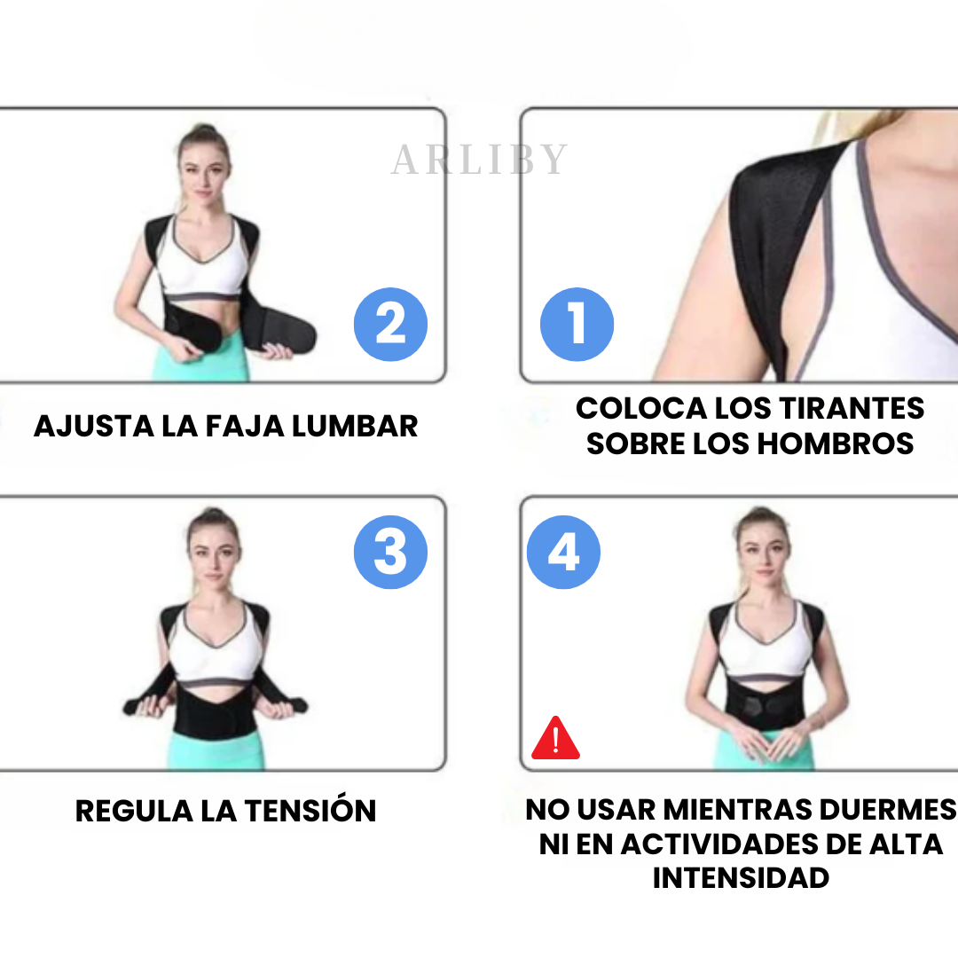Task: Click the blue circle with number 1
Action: pos(577,325)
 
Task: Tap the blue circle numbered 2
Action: pos(390,325)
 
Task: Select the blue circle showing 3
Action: pos(390,553)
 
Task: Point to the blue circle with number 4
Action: pos(563,553)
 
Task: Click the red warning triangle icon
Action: pos(555,739)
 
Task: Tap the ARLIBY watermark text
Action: pos(480,160)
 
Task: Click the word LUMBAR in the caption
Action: pos(355,427)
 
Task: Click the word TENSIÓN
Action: pos(310,810)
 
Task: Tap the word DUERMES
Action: pos(888,810)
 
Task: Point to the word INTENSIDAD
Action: pos(741,878)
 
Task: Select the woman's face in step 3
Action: pos(213,559)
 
